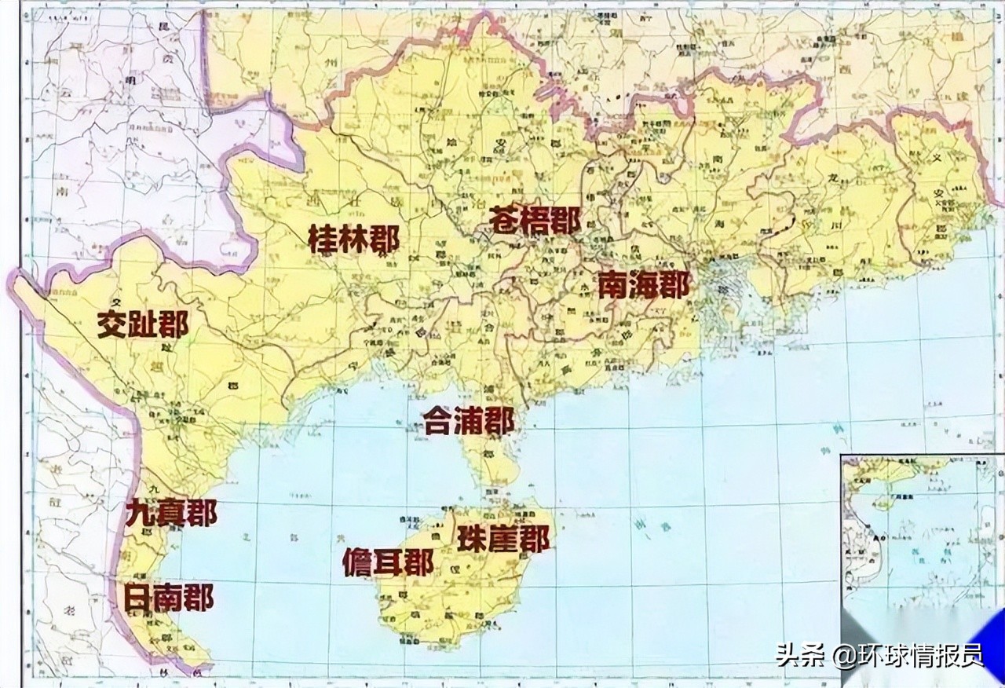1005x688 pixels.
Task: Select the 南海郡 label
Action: coord(643,284)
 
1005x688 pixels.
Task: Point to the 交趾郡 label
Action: coord(143,324)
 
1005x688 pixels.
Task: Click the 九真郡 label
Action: coord(170,514)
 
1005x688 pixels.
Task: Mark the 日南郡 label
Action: coord(168,598)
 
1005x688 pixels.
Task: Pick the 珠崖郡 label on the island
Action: coord(502,539)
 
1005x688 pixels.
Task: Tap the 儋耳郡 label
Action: coord(388,562)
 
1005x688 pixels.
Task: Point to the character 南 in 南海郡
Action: coord(613,284)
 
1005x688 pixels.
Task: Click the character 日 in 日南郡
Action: coord(138,598)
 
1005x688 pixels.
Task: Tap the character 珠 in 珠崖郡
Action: coord(472,539)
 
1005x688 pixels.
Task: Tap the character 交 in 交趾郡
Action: coord(112,324)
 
